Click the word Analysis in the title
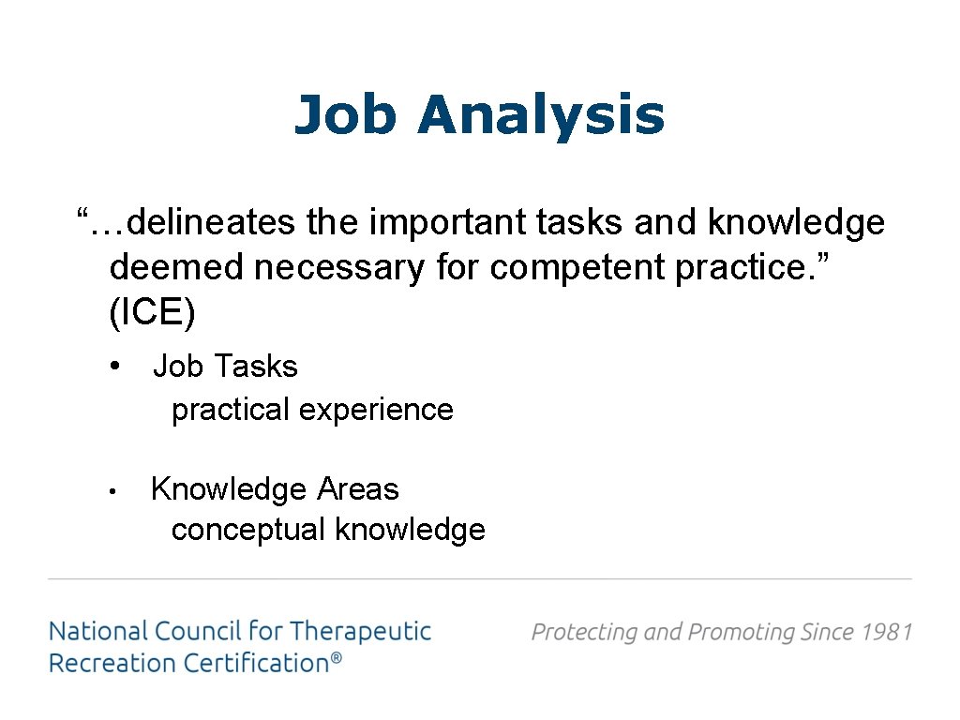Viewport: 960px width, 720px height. pos(541,116)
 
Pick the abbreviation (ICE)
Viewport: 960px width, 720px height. pos(153,313)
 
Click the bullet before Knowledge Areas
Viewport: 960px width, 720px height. pos(111,490)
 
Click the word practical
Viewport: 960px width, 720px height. pos(231,410)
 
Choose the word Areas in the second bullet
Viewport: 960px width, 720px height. pos(358,489)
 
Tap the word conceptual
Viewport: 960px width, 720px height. pos(248,530)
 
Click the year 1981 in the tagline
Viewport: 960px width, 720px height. pos(887,632)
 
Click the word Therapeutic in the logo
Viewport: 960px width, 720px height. pos(360,631)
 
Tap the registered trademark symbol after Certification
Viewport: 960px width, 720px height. pos(336,659)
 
